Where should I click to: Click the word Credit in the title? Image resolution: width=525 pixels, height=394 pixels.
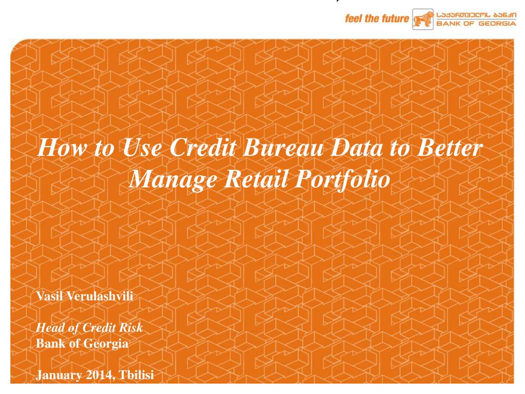[x=200, y=149]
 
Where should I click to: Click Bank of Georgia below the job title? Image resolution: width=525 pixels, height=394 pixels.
[x=82, y=344]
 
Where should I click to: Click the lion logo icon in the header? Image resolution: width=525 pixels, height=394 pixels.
[x=423, y=19]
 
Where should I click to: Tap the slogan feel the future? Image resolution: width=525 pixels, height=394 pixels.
[x=377, y=19]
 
